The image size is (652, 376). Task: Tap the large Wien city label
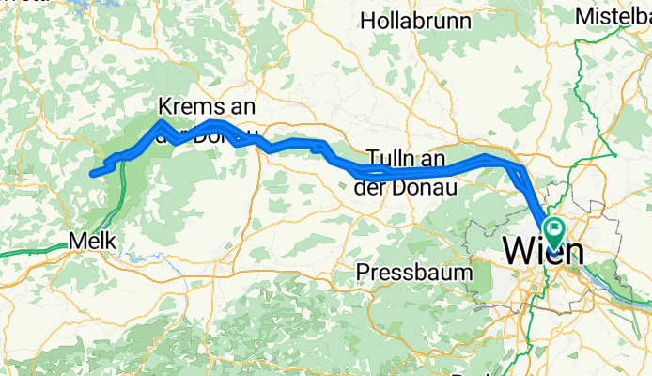[543, 252]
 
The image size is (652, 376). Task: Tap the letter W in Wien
[521, 252]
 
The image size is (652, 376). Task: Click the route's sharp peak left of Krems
[163, 122]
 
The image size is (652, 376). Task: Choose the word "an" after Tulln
[432, 159]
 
